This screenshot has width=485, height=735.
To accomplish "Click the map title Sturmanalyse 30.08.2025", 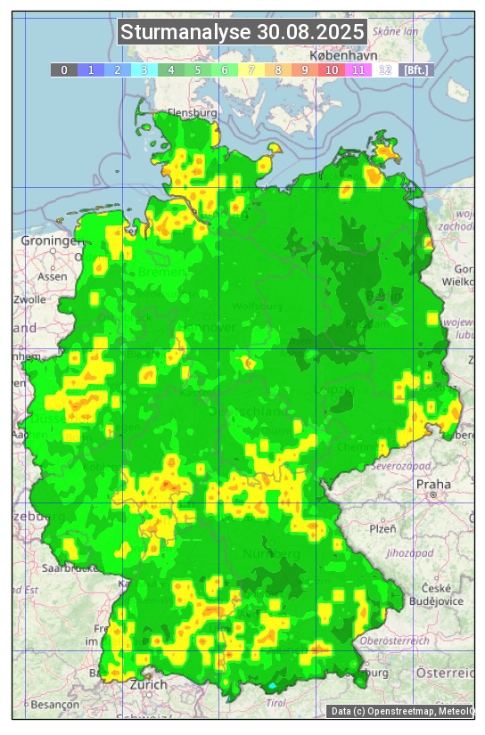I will tap(242, 33).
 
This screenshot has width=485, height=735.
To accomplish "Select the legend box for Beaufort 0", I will tap(64, 69).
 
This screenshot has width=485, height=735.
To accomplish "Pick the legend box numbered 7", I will tap(251, 69).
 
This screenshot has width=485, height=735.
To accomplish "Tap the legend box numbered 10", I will tap(332, 69).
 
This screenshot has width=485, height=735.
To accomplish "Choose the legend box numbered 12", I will tap(385, 69).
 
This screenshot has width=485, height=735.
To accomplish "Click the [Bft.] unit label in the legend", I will tap(415, 69).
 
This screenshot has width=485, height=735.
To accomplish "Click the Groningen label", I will tap(49, 241).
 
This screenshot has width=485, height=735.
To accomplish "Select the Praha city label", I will tap(433, 485).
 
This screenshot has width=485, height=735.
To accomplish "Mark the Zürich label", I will tap(147, 684).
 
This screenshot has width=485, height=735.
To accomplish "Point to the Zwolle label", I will tap(29, 299).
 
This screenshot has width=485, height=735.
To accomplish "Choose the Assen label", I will tap(52, 276).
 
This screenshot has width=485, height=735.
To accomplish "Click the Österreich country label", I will tap(446, 671).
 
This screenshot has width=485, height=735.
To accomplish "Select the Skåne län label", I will tap(396, 30).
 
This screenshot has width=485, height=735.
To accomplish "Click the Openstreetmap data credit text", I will tap(400, 711).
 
